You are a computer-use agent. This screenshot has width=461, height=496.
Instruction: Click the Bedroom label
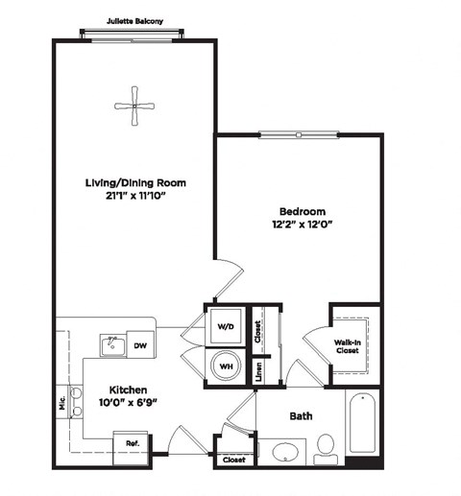pyautogui.click(x=302, y=211)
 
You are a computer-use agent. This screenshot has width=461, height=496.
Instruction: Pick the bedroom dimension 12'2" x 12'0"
pyautogui.click(x=302, y=225)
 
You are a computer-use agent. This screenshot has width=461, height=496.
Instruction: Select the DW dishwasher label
pyautogui.click(x=139, y=345)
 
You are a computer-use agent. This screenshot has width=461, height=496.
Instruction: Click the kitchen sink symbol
pyautogui.click(x=112, y=344)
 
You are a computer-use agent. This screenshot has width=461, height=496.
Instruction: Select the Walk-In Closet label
pyautogui.click(x=348, y=345)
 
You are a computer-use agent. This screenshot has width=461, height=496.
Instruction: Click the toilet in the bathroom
pyautogui.click(x=325, y=445)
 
